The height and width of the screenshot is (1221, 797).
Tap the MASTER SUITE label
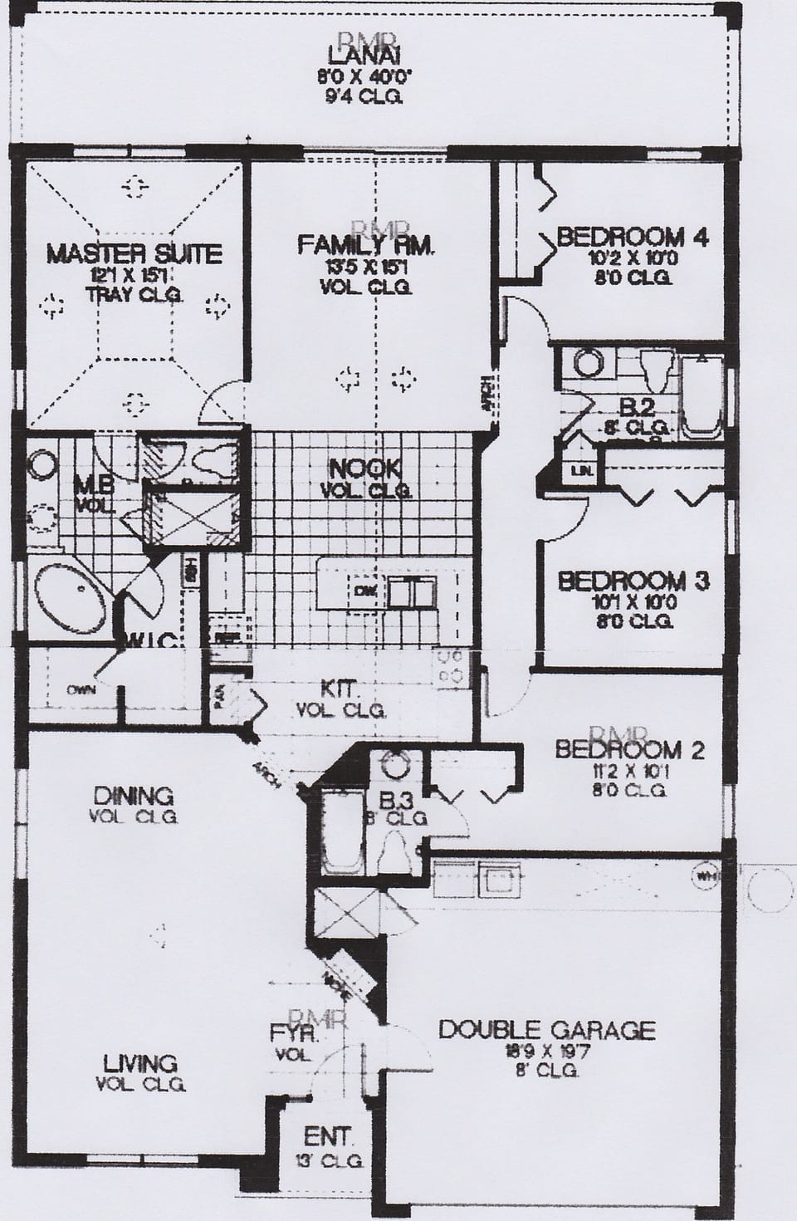(134, 253)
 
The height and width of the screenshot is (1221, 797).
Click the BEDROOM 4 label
(632, 237)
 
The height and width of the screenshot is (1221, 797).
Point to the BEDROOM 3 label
(633, 581)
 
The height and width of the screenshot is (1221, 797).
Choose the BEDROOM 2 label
(629, 750)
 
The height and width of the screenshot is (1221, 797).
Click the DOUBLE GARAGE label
(546, 1031)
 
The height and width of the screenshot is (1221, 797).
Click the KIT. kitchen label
(340, 689)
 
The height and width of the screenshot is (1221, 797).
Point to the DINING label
(133, 796)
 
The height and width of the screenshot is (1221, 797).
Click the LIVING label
(140, 1062)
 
